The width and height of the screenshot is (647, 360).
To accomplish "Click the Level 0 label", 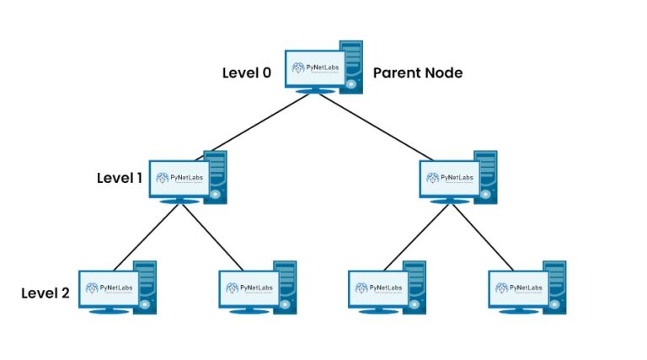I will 246,73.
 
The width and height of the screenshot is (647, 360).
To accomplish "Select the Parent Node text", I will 418,73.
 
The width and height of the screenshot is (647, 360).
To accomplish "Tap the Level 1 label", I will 119,178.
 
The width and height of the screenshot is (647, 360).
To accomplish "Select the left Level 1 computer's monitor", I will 179,178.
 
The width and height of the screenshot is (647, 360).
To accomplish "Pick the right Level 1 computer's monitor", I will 449,178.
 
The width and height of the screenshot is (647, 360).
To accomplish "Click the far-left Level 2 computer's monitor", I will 108,288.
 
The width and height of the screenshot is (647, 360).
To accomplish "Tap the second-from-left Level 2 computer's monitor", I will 248,288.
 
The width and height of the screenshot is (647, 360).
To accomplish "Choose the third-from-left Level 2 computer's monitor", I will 378,288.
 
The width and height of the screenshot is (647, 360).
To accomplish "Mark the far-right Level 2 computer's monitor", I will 518,288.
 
